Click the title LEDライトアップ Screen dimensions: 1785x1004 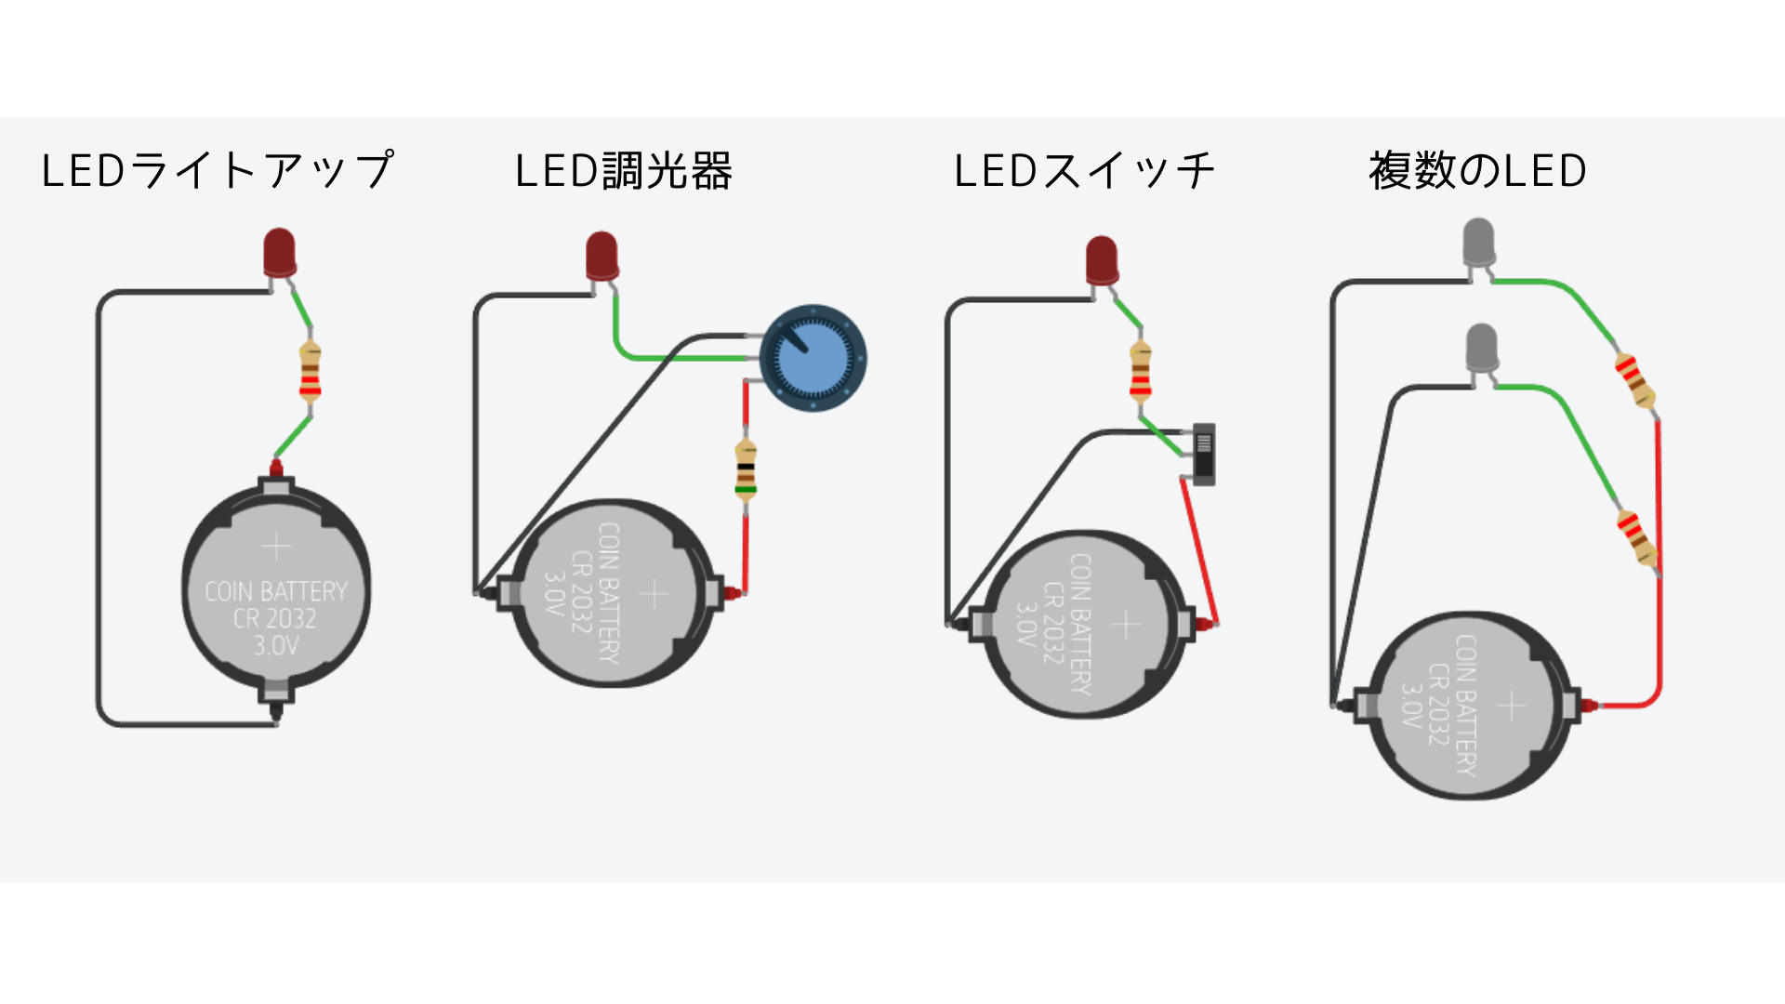[x=218, y=171]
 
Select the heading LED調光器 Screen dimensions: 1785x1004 [x=624, y=171]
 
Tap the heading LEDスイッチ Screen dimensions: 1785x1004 [x=1084, y=171]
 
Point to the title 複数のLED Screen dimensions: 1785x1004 [x=1477, y=171]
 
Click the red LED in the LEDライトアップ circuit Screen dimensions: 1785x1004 [x=280, y=254]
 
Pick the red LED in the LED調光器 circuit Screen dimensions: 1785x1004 [x=602, y=258]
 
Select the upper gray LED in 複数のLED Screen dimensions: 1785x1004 [x=1478, y=244]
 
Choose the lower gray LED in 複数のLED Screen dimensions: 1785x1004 [x=1481, y=350]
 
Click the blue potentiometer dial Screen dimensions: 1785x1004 [x=813, y=358]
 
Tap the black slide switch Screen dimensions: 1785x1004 [x=1204, y=455]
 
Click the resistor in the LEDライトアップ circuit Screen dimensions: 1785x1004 [x=310, y=371]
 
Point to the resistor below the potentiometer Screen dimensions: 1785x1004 [x=746, y=469]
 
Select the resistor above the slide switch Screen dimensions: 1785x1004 [x=1141, y=371]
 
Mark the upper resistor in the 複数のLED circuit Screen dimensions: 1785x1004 [x=1635, y=379]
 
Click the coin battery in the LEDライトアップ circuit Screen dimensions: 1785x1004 [x=276, y=595]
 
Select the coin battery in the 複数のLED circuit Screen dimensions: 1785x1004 [x=1470, y=706]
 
